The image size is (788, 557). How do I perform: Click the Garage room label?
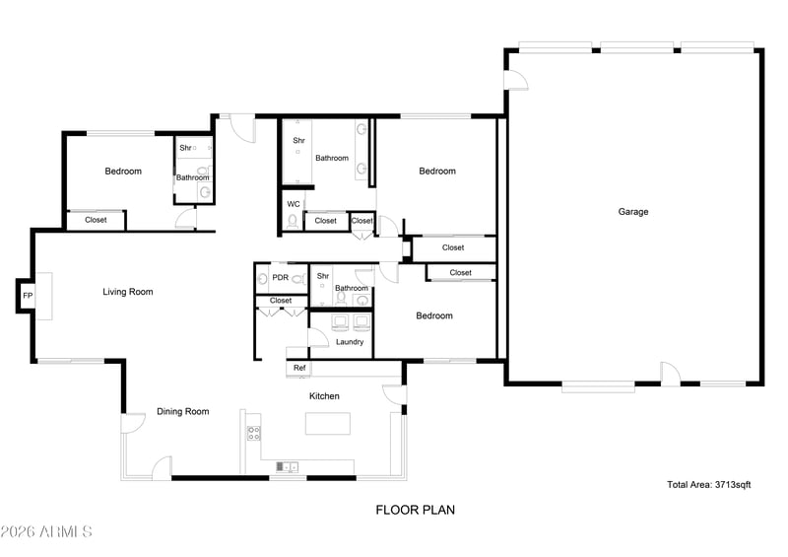632,212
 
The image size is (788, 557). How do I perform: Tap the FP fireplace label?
28,296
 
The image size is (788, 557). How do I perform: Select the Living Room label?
128,292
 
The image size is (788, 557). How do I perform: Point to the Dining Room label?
182,411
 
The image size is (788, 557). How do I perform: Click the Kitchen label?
324,396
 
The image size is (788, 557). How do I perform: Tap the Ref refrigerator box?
299,368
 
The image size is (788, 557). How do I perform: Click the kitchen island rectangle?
328,423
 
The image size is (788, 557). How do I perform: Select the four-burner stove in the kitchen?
254,433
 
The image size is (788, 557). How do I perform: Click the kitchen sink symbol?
287,467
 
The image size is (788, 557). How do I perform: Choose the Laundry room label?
350,342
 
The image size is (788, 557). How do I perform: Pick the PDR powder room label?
281,277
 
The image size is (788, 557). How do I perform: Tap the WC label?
294,204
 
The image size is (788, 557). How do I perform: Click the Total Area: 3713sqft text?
708,485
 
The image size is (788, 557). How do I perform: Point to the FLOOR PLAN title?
415,510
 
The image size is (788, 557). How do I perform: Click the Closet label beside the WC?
325,221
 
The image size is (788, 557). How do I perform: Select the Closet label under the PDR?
281,301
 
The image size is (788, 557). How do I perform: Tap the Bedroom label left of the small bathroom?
123,172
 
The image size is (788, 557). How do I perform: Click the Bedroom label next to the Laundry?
434,315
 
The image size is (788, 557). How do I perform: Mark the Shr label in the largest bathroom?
298,140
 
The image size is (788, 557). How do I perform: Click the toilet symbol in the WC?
293,222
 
